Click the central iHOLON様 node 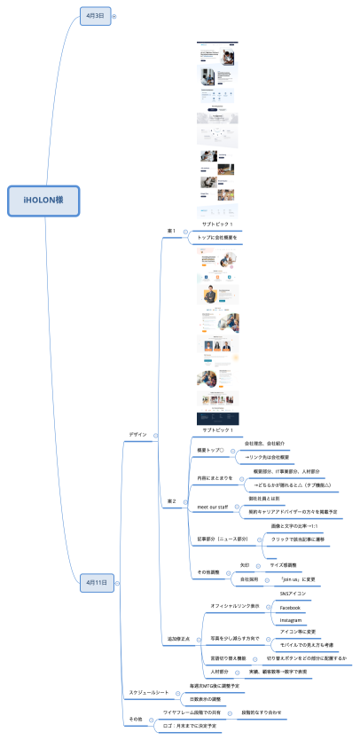[x=43, y=201]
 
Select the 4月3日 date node [x=94, y=16]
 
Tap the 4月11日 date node [x=97, y=582]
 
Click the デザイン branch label [x=137, y=435]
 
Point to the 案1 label [x=172, y=232]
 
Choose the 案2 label [x=172, y=502]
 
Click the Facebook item [x=291, y=607]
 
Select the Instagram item [x=291, y=619]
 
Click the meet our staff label [x=212, y=507]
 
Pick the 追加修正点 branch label [x=154, y=638]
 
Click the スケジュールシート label [x=149, y=691]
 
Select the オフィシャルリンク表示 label [x=234, y=605]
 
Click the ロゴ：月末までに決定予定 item [x=192, y=726]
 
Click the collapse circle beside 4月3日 [x=114, y=16]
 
